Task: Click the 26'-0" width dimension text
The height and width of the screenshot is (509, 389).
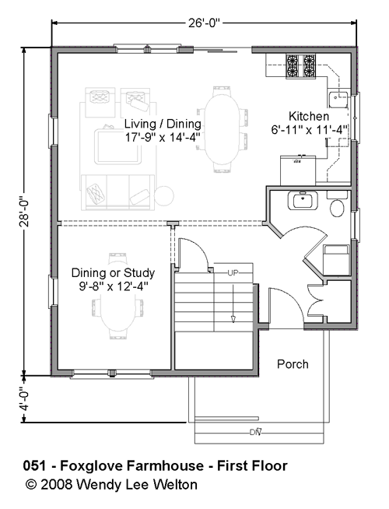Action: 204,23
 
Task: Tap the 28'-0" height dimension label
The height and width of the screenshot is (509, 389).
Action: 24,212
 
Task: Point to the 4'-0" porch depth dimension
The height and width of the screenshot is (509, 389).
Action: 24,399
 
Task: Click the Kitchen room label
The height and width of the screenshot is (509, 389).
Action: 309,116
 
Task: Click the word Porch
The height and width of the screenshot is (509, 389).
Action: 293,364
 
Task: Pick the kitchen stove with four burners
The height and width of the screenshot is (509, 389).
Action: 300,66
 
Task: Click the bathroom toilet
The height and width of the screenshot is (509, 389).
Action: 337,204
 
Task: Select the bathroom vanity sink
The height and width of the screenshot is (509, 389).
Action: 303,201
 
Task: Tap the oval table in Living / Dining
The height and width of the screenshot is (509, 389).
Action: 223,129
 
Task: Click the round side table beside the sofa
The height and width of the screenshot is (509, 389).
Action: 164,196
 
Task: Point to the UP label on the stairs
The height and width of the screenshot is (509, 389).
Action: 233,273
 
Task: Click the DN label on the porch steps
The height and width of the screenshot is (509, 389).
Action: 256,432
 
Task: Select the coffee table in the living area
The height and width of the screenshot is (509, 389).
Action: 118,147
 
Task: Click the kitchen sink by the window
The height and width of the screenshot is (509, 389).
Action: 338,99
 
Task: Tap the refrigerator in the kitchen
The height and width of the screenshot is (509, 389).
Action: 298,170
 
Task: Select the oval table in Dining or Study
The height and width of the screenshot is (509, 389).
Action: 117,306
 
